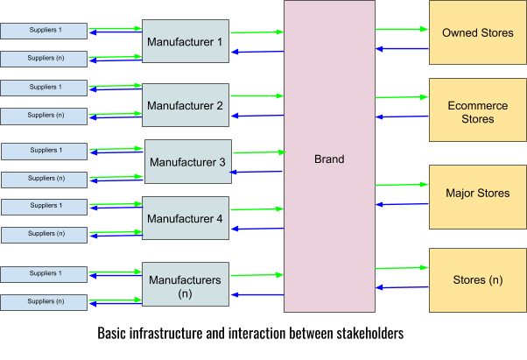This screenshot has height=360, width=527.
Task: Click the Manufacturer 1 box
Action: [x=185, y=41]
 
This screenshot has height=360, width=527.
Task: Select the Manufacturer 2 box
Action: [x=185, y=106]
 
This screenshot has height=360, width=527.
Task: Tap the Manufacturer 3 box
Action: [x=187, y=162]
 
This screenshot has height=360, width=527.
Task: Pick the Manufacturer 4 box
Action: [x=185, y=218]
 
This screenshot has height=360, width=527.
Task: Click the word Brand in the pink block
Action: [x=329, y=159]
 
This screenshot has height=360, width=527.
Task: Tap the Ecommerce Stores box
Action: [x=477, y=111]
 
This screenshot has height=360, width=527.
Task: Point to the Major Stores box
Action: [x=477, y=193]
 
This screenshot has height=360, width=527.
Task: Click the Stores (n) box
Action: [x=477, y=280]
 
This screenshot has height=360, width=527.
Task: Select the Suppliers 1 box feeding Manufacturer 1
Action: [x=44, y=32]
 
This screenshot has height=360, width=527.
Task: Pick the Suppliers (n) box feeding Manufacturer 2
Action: [x=44, y=116]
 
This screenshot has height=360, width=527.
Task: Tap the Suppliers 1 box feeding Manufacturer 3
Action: [x=45, y=151]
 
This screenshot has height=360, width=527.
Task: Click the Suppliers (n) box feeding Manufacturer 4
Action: [x=45, y=235]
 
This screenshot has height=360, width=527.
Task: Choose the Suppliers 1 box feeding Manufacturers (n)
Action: [x=44, y=274]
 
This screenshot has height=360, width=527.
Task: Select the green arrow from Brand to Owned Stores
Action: [x=401, y=29]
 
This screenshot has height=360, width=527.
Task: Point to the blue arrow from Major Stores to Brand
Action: [x=401, y=204]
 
